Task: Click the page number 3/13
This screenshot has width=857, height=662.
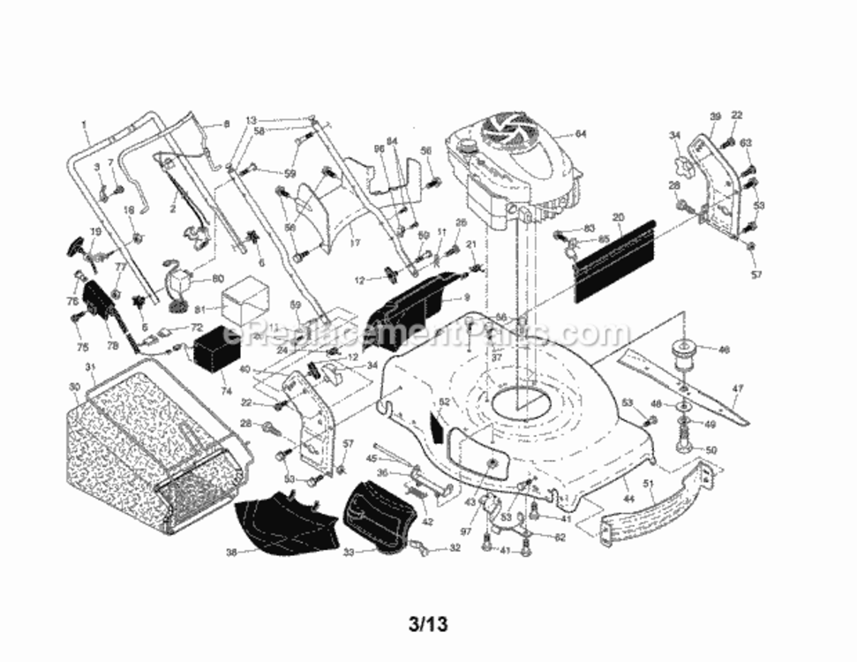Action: point(428,625)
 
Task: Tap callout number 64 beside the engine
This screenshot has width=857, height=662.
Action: point(580,135)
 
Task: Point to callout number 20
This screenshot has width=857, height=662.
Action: point(618,217)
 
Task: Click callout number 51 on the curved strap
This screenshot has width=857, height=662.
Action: point(648,483)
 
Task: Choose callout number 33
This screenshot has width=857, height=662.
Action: point(348,553)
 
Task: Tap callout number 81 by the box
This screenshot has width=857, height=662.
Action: point(199,310)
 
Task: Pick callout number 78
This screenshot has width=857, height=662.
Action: point(112,321)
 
